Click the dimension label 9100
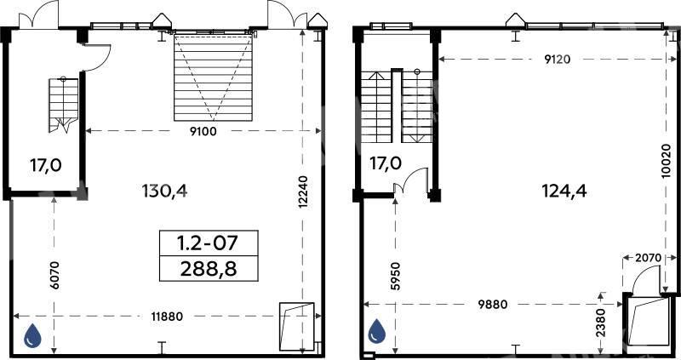click(203, 131)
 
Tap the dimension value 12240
click(303, 191)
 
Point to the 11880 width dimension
click(167, 317)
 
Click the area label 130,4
click(165, 190)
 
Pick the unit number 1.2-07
click(209, 243)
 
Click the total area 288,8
click(209, 269)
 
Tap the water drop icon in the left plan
click(32, 335)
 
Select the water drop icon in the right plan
click(377, 331)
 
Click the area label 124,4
click(564, 190)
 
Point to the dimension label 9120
click(558, 60)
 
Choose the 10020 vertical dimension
click(667, 161)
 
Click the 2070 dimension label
click(648, 258)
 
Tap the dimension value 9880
click(493, 305)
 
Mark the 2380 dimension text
click(601, 323)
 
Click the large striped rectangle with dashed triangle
click(213, 77)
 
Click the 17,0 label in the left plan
click(46, 165)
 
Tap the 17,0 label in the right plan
click(386, 163)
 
